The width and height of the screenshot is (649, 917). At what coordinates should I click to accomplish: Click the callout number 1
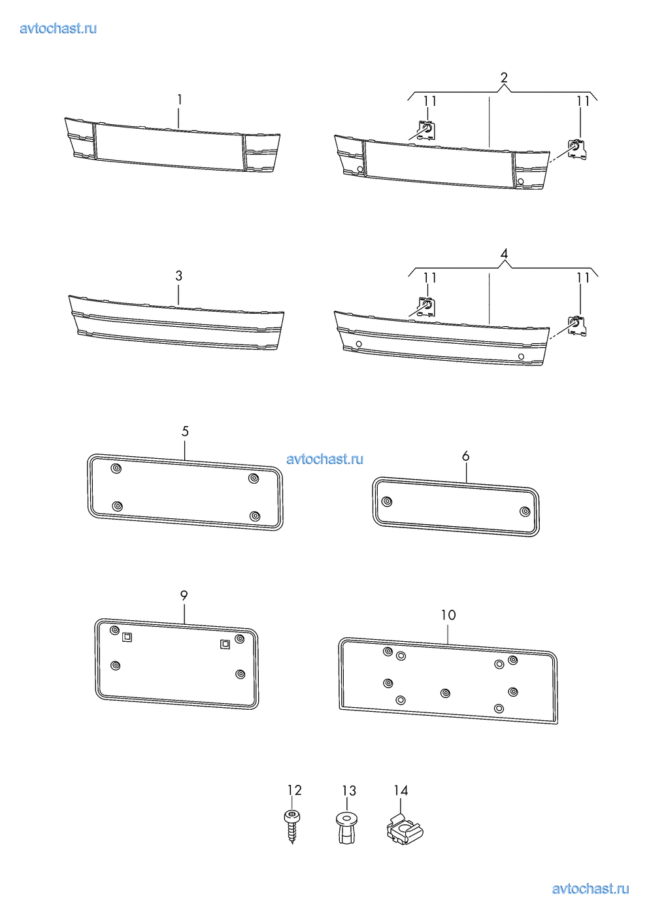(x=179, y=100)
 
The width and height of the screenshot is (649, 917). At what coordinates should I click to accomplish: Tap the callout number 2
(x=504, y=77)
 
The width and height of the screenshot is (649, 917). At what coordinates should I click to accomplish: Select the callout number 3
(x=179, y=276)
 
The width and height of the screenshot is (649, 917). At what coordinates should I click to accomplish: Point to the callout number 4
(x=504, y=254)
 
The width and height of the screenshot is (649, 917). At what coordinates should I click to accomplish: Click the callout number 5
(x=185, y=431)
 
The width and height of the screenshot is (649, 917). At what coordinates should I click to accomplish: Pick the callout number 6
(x=465, y=456)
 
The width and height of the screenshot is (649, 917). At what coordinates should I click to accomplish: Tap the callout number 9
(x=184, y=595)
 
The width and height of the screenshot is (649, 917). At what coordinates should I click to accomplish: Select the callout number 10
(x=448, y=615)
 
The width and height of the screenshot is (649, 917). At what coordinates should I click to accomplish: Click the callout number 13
(x=349, y=790)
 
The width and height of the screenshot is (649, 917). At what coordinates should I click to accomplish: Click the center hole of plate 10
(x=445, y=693)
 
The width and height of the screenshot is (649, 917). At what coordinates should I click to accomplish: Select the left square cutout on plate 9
(x=127, y=637)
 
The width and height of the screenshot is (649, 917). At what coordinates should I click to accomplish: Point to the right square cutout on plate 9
(x=225, y=644)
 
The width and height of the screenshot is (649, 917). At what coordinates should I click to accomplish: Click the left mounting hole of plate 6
(x=386, y=501)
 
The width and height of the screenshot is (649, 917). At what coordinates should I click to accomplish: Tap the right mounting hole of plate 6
(x=525, y=511)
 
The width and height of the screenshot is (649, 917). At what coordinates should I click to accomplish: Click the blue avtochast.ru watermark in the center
(x=325, y=459)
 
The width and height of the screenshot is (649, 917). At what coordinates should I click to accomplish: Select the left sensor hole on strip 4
(x=359, y=344)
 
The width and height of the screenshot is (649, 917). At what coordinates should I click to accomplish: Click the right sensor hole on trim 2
(x=521, y=181)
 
